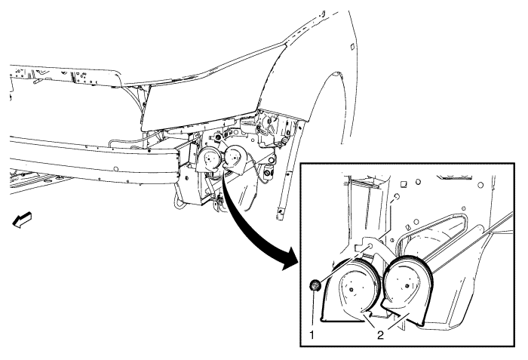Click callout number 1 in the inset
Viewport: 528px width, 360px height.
[312, 335]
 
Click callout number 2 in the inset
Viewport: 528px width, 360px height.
[380, 335]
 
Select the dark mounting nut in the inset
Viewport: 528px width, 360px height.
[315, 286]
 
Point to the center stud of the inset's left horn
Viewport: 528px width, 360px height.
[351, 290]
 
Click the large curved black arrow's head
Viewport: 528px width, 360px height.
[290, 260]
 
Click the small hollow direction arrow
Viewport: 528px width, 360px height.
[22, 219]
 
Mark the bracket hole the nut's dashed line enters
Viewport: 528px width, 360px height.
[370, 245]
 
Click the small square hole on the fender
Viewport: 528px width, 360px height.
[351, 46]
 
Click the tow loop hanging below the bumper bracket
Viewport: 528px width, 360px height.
[179, 202]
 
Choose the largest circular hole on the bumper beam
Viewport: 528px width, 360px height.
[115, 168]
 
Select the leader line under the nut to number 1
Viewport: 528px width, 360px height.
[314, 311]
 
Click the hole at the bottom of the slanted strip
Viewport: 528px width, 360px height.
[280, 211]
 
